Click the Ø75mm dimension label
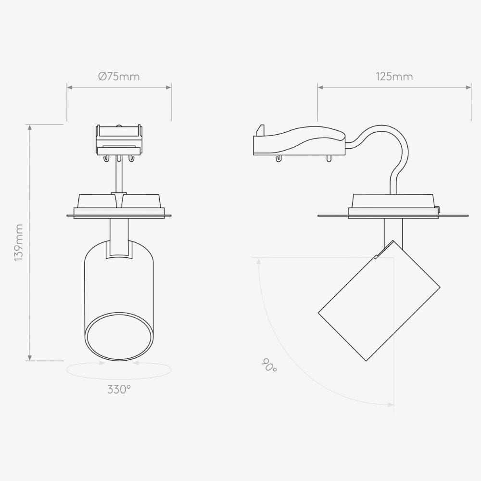click(x=119, y=76)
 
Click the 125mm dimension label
click(x=394, y=76)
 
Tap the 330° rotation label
click(x=119, y=390)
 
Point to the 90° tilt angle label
click(x=269, y=366)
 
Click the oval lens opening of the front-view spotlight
click(x=119, y=337)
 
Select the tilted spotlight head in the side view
click(x=379, y=301)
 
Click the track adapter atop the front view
click(x=119, y=140)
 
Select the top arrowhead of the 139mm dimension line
click(x=30, y=127)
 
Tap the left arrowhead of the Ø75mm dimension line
click(x=70, y=88)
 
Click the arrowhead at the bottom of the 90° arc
click(x=390, y=405)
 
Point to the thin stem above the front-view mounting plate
click(x=118, y=176)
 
